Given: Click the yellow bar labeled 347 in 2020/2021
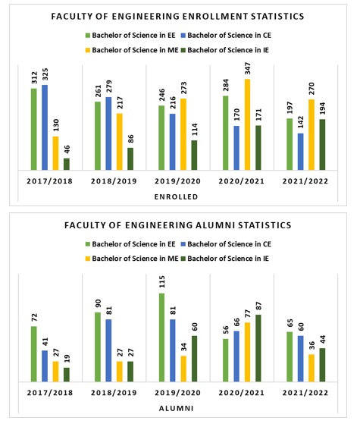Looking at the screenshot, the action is point(247,124).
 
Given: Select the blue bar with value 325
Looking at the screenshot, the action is point(45,127).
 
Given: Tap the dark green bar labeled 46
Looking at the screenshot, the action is point(67,164).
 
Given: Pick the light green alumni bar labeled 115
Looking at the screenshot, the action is point(161,337).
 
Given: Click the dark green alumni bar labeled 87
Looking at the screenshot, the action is point(258,348).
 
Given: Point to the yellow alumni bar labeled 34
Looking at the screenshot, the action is point(183,369).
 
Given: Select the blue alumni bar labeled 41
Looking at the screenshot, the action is point(45,366).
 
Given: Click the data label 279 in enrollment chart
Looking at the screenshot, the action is point(109,87).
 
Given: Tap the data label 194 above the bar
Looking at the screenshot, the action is point(322,108).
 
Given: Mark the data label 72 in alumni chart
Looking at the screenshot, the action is point(34,318).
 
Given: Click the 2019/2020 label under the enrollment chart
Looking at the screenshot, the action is point(177,181).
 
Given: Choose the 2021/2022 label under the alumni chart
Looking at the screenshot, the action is point(305,393).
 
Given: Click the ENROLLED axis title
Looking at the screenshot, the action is point(176,197).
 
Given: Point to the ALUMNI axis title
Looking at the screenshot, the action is point(176,409).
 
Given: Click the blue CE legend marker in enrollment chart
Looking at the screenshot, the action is point(183,36).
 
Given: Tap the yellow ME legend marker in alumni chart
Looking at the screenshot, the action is point(88,259).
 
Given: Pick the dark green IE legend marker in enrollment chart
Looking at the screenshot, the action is point(183,50).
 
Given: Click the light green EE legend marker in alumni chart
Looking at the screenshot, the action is point(88,244).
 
